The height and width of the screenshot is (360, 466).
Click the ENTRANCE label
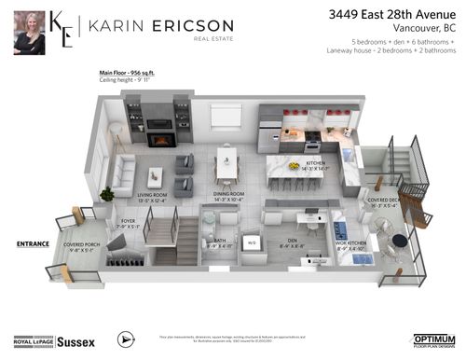point(33,243)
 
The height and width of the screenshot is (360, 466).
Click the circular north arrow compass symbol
point(128,339)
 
